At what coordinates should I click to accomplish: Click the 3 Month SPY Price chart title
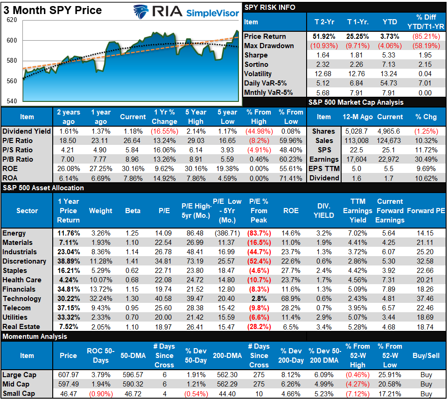pos(53,10)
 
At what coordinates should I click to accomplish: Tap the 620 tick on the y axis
pos(12,20)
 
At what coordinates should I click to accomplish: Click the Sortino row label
pos(256,64)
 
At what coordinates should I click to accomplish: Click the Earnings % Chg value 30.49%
pos(425,159)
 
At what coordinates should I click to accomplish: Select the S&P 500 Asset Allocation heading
pos(43,188)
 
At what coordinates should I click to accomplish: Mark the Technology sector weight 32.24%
pos(101,299)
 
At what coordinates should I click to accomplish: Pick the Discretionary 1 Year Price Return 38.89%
pos(68,261)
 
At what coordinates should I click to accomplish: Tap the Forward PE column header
pos(426,211)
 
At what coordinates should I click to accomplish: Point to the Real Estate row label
pos(21,327)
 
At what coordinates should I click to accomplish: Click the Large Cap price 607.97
pos(68,375)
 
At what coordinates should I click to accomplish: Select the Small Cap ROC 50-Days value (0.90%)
pos(101,394)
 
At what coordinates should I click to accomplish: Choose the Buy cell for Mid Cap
pos(426,384)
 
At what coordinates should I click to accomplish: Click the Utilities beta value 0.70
pos(133,317)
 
